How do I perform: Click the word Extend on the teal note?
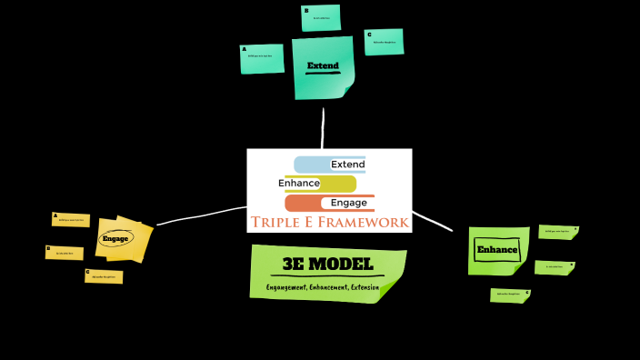(x=323, y=66)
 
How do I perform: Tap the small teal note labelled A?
(x=262, y=58)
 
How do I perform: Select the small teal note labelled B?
(x=321, y=18)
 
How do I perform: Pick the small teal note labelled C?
(x=384, y=42)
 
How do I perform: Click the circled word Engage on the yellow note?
(x=115, y=239)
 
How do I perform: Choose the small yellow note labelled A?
(x=70, y=219)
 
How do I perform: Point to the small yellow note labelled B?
(x=64, y=253)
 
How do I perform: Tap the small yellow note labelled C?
(x=104, y=276)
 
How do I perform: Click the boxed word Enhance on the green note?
(x=497, y=250)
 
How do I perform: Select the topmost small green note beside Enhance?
(x=556, y=232)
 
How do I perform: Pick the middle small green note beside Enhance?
(x=554, y=267)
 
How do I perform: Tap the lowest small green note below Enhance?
(x=509, y=295)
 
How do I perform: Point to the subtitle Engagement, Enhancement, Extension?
(x=323, y=287)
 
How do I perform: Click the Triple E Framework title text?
(x=329, y=223)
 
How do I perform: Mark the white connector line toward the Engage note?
(x=200, y=215)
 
